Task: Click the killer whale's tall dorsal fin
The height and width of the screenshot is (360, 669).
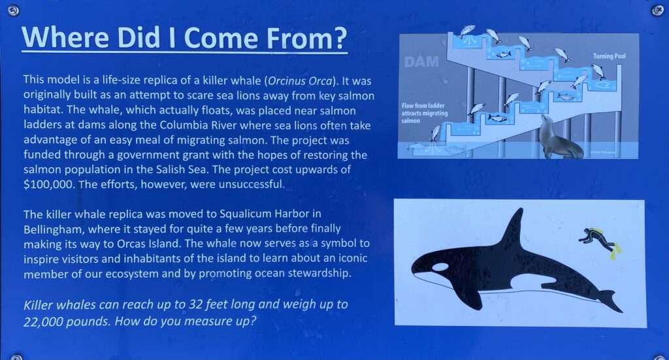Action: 512,228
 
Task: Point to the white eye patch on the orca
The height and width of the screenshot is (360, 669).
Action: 440,267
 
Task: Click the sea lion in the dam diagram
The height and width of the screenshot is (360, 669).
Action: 559,137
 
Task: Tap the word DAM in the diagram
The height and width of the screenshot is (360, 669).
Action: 421,62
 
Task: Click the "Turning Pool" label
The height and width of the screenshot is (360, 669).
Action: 610,56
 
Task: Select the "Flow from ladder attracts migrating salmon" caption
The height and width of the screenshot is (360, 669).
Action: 425,113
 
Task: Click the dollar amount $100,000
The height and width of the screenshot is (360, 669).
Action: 49,184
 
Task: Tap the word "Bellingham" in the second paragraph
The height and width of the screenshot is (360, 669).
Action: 52,229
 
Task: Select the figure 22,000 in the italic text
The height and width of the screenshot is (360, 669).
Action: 42,321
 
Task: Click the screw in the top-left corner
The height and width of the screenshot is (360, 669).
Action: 14,10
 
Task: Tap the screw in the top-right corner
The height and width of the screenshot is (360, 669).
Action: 657,10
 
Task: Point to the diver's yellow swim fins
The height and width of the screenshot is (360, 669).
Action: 616,252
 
